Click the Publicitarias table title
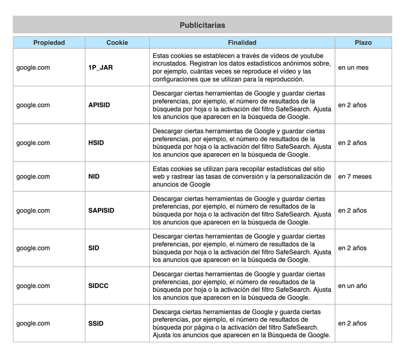click(202, 25)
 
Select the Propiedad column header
click(49, 42)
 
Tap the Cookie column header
click(117, 42)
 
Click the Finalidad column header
click(242, 42)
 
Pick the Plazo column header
click(363, 42)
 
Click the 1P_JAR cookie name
click(100, 68)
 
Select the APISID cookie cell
click(99, 105)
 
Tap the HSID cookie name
click(96, 143)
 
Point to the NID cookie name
click(94, 176)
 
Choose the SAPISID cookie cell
click(101, 211)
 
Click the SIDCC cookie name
click(98, 286)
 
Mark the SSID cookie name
click(96, 323)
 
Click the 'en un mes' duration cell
click(353, 68)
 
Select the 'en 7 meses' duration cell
click(355, 176)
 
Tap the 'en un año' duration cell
click(353, 286)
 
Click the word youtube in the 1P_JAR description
click(312, 56)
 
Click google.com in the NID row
click(33, 176)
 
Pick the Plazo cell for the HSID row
click(353, 143)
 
